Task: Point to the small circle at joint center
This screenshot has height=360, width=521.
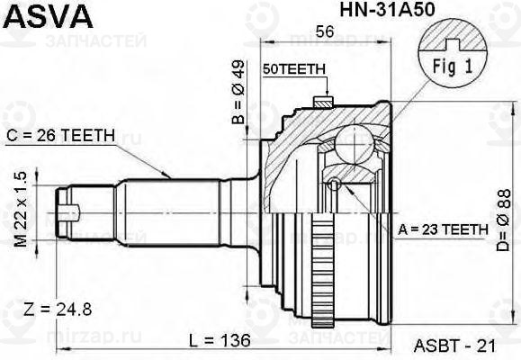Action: (x=335, y=185)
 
